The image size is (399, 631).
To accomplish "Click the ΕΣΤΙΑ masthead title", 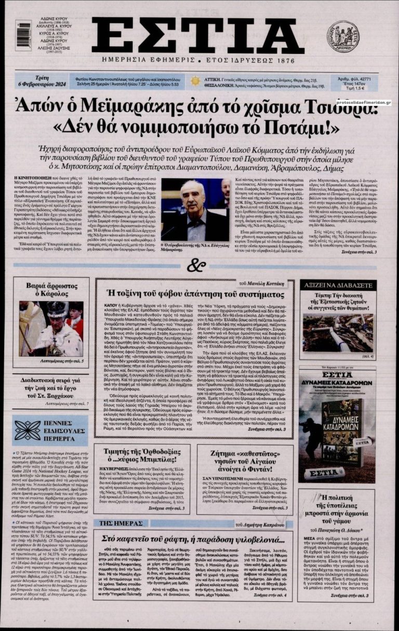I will tap(198, 35).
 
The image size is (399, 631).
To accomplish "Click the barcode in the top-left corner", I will tap(23, 35).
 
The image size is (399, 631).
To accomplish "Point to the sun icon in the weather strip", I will tap(195, 81).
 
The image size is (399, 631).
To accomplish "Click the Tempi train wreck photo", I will tap(337, 332).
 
